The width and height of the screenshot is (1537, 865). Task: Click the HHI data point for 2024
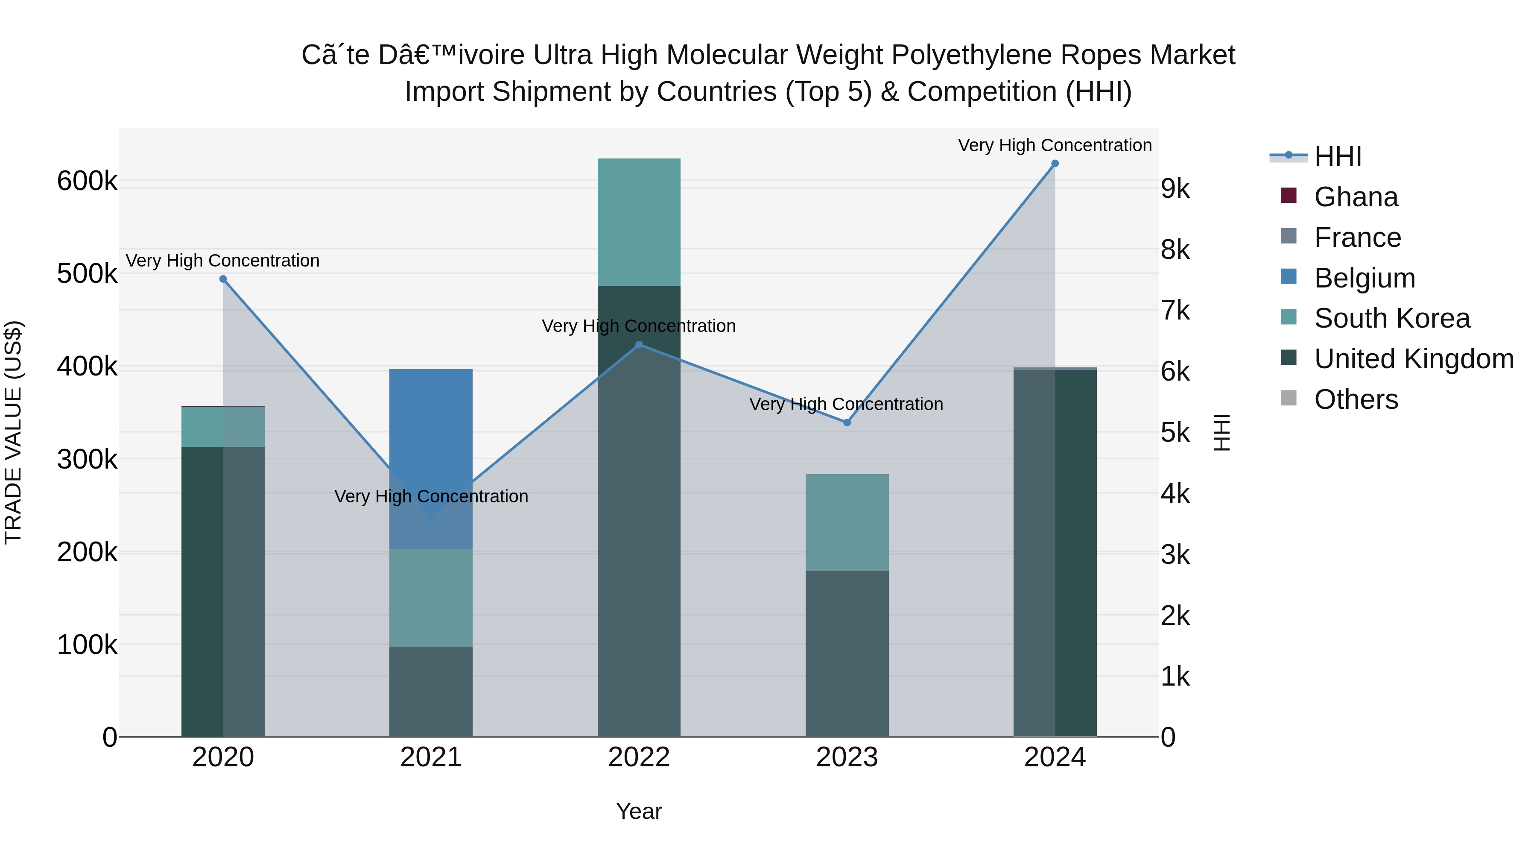[x=1054, y=164]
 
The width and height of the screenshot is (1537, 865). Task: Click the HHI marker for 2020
[x=223, y=279]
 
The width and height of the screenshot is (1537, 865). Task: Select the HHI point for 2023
[x=847, y=422]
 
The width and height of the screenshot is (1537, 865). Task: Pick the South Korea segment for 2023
[x=847, y=522]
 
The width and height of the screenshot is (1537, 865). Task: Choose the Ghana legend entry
[x=1356, y=197]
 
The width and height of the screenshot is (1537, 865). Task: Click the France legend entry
[x=1357, y=238]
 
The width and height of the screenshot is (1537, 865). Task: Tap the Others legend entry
[x=1356, y=399]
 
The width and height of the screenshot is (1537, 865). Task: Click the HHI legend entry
[x=1338, y=156]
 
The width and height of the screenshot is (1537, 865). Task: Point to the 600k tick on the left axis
[x=87, y=181]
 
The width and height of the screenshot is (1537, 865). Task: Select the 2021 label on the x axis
[x=431, y=757]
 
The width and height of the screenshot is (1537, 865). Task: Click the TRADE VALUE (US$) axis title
[x=13, y=432]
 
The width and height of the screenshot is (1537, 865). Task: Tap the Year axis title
[x=638, y=811]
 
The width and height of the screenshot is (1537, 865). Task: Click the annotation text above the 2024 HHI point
[x=1054, y=145]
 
